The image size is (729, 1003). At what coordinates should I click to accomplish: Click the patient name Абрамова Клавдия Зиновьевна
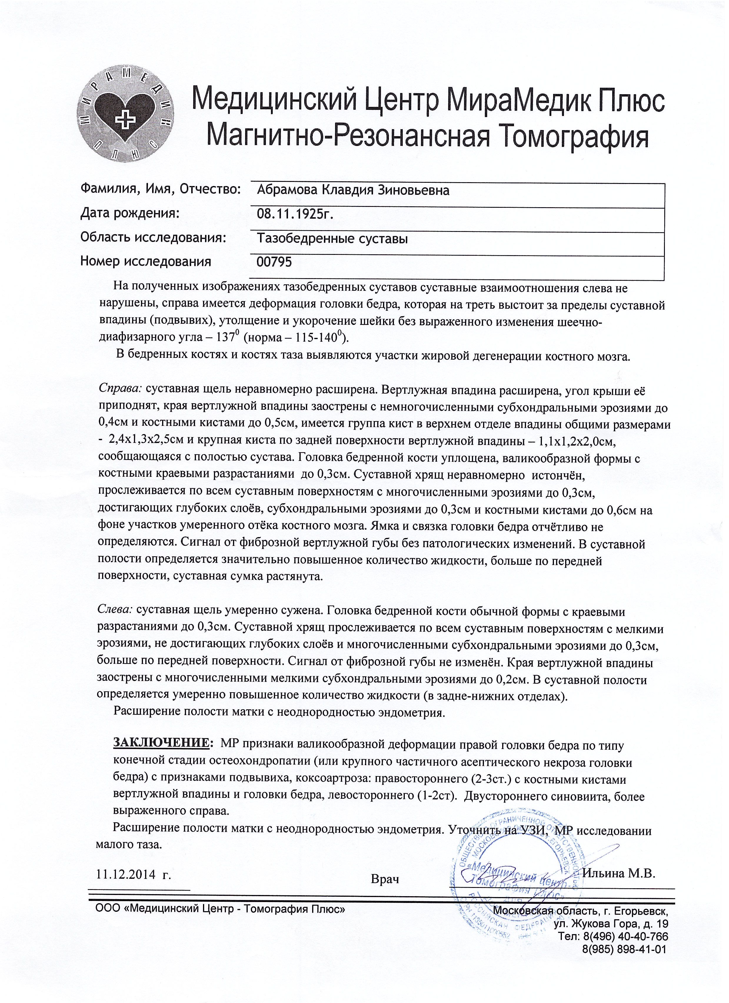coord(353,191)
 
